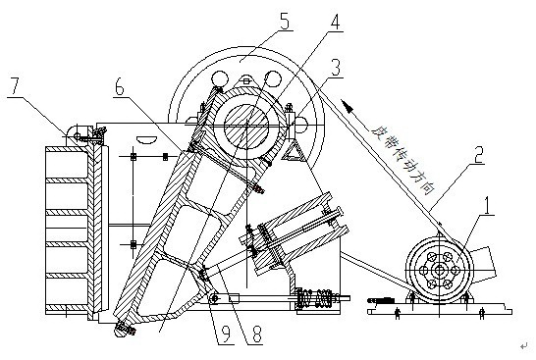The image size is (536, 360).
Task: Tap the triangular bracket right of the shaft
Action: click(x=294, y=149)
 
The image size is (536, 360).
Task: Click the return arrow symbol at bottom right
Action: click(x=523, y=347)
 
